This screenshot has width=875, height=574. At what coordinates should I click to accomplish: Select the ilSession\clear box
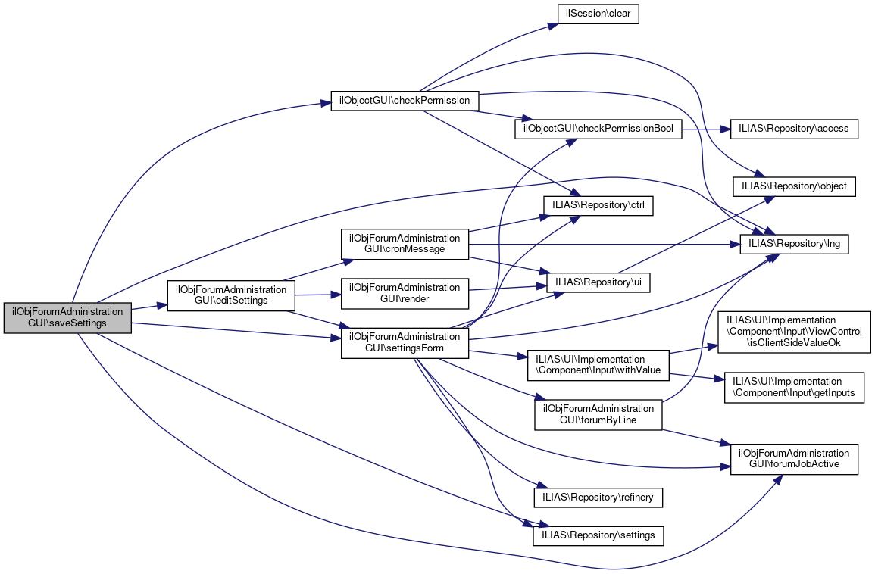coord(598,14)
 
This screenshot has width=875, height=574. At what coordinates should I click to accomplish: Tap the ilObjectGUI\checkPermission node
coord(405,101)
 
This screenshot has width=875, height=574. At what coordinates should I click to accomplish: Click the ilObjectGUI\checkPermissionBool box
coord(598,129)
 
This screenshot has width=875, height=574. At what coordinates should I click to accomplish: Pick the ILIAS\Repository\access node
coord(794,129)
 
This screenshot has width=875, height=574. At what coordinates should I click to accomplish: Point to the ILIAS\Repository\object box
coord(794,186)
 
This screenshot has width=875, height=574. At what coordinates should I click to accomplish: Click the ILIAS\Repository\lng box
coord(795,244)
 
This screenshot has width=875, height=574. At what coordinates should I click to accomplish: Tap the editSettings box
coord(231,295)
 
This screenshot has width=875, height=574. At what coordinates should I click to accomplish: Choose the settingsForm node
coord(405,343)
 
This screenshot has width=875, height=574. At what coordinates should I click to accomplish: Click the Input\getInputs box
coord(795,387)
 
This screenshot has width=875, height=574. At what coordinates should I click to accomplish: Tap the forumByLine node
coord(598,414)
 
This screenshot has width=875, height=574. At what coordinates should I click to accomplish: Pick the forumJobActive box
coord(794,459)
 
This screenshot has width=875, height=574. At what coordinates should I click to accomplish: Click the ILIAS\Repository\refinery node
coord(598,497)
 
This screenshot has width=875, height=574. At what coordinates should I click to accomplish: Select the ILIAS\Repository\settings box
coord(598,535)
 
